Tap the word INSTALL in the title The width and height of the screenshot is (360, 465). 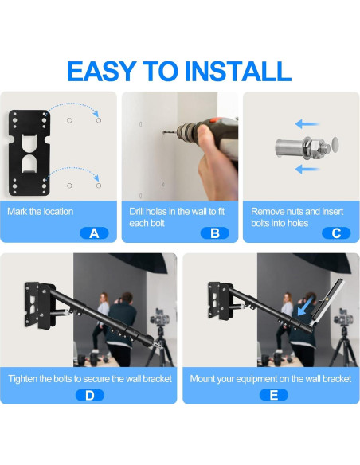click(238, 71)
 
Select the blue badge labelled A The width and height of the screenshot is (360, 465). click(94, 233)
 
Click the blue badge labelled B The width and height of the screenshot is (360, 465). click(215, 233)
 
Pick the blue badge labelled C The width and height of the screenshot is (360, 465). click(336, 233)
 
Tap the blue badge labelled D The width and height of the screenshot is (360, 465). click(90, 395)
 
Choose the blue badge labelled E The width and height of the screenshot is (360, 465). click(274, 395)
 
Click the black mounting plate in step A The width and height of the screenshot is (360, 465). click(29, 153)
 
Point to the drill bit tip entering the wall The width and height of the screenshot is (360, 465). click(164, 132)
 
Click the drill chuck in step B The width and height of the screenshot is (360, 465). click(186, 131)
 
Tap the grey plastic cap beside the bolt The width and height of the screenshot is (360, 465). click(335, 145)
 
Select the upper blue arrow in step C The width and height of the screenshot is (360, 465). click(307, 124)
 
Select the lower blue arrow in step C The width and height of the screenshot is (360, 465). click(307, 170)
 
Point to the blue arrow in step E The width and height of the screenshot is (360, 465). click(305, 307)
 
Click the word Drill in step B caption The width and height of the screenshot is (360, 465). click(137, 212)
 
